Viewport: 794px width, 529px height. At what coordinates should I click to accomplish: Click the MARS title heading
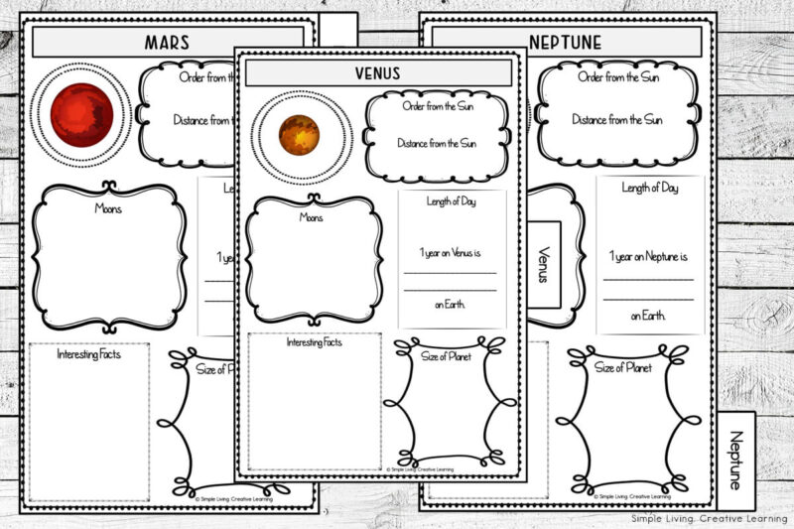click(x=167, y=43)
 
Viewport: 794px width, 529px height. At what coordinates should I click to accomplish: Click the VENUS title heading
click(x=378, y=73)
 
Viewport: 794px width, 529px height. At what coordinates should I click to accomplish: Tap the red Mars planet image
click(x=82, y=114)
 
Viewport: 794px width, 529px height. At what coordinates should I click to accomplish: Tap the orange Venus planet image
click(x=299, y=135)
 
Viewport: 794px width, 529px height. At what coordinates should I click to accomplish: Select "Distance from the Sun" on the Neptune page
click(x=616, y=119)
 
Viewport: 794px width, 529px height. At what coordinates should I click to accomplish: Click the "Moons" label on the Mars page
click(x=109, y=208)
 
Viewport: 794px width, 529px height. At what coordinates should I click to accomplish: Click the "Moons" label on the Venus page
click(x=312, y=215)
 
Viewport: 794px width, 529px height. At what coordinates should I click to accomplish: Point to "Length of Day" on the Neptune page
click(x=650, y=189)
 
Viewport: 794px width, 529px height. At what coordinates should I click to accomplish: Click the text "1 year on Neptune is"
click(x=649, y=257)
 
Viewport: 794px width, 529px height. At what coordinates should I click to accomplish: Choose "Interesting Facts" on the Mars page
click(x=88, y=354)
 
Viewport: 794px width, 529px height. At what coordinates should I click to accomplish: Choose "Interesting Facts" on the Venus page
click(x=314, y=342)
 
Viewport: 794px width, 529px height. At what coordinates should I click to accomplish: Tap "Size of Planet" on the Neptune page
click(x=622, y=367)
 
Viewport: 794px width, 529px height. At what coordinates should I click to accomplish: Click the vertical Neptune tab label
click(x=735, y=459)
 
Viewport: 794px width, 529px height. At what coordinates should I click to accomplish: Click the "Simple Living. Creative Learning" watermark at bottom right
click(x=708, y=518)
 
